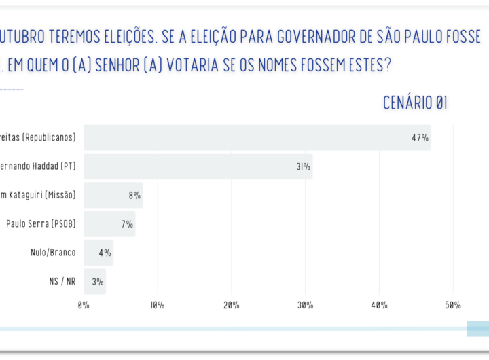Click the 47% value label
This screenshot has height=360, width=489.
419,138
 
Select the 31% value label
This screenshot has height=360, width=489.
303,166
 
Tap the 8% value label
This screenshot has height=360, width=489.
134,195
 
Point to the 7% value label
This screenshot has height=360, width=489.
127,223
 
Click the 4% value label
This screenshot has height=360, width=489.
105,252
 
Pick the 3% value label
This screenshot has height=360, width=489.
97,281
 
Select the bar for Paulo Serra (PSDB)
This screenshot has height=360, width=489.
109,223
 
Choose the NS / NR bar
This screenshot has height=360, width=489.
94,281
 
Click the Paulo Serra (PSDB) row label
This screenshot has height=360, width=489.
41,223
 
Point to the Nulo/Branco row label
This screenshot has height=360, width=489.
53,252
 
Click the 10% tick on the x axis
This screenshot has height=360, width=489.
158,305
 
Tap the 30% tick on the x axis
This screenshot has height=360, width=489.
305,305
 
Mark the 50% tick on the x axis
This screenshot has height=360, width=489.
453,305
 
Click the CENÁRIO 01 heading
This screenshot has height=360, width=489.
415,103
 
